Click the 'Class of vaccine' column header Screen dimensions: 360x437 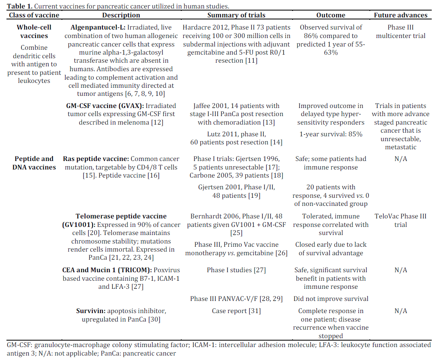34,15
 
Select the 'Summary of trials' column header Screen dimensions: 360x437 236,15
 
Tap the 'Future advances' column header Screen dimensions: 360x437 401,15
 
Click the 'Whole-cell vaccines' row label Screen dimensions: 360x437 34,32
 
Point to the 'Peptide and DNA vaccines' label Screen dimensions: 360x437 34,163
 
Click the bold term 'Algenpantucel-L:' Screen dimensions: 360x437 98,28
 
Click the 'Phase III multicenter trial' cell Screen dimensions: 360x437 401,32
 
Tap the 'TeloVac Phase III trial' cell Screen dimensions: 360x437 401,220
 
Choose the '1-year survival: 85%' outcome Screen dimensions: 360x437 331,134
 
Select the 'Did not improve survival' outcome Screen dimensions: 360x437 331,299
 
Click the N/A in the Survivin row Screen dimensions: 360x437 401,311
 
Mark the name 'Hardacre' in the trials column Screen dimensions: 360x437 197,28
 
